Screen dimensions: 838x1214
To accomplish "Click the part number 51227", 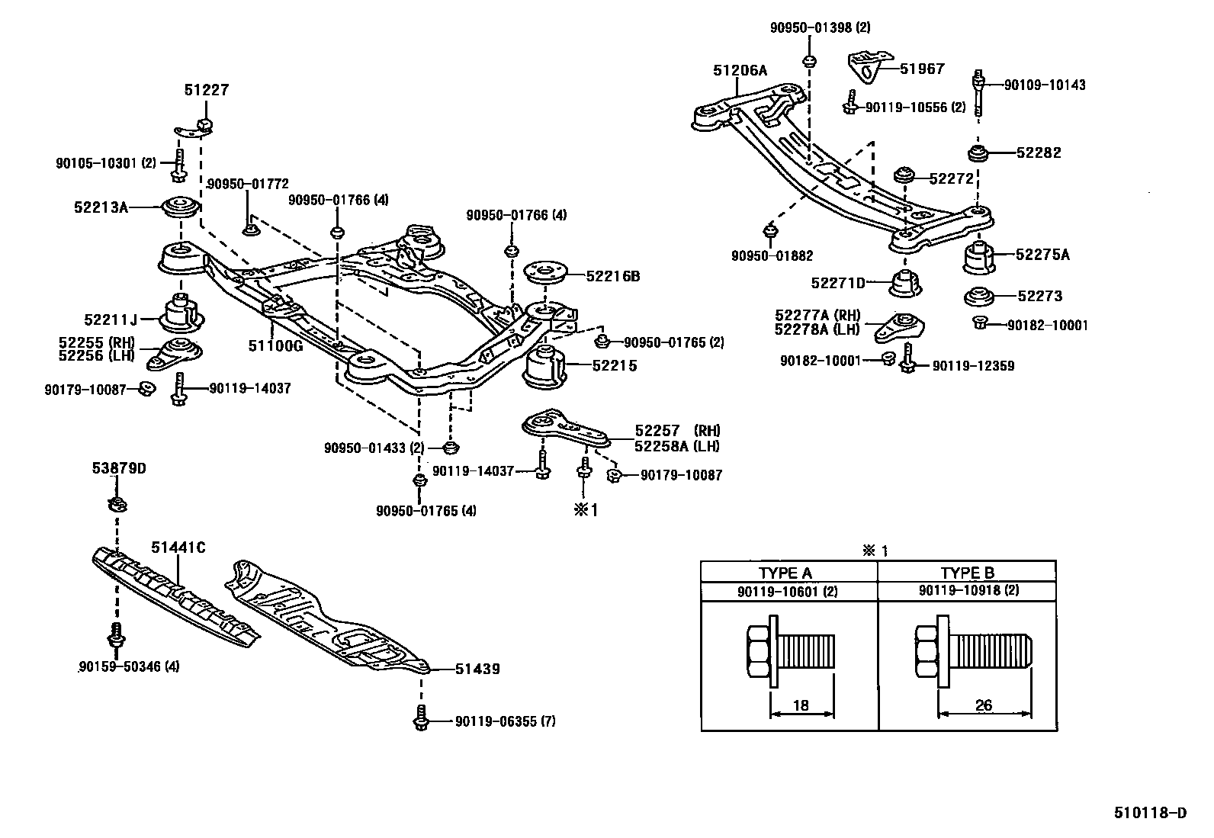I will click(206, 90).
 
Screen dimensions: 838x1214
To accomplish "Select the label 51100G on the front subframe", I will click(275, 345).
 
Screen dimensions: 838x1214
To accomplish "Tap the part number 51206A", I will click(740, 70).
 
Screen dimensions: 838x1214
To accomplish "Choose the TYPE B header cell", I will click(967, 573).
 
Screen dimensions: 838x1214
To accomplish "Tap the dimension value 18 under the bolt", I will click(800, 705).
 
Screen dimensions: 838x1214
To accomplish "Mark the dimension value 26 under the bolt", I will click(984, 705).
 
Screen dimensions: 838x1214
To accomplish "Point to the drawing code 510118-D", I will click(1155, 814).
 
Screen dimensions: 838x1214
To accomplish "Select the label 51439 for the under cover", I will click(477, 669).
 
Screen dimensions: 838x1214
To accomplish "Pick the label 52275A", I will click(1042, 255).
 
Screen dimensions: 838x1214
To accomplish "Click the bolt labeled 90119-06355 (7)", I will click(420, 719).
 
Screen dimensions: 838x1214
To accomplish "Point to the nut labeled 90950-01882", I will click(771, 230).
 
